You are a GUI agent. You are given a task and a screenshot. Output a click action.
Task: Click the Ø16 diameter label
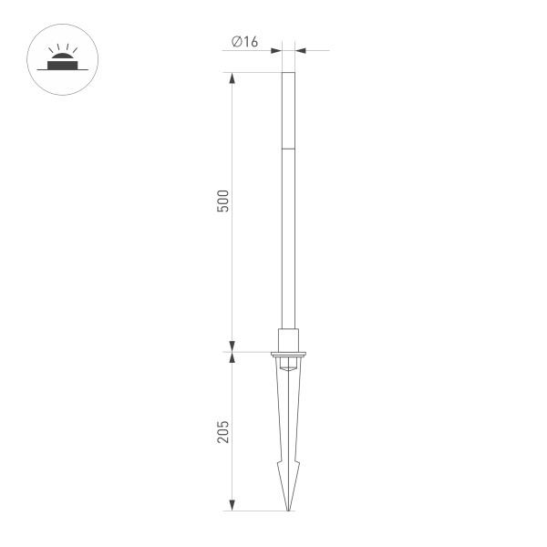(245, 41)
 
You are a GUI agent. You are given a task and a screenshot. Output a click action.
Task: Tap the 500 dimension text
(222, 201)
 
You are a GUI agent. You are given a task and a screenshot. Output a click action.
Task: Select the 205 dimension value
(222, 431)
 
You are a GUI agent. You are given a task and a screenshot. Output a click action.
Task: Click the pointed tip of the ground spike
(289, 509)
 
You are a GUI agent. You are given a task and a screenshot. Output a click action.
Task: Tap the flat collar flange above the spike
(289, 353)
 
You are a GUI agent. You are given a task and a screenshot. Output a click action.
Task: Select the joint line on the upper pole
(289, 148)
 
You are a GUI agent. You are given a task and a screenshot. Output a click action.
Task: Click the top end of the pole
(289, 74)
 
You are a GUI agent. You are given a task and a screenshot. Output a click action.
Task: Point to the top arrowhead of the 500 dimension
(232, 79)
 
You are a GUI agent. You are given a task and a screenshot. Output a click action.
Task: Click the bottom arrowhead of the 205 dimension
(232, 504)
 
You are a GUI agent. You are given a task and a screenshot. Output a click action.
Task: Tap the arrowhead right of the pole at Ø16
(300, 50)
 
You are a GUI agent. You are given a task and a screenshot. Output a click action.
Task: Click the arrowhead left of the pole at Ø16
(277, 50)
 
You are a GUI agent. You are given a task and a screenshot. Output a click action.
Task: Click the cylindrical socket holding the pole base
(289, 338)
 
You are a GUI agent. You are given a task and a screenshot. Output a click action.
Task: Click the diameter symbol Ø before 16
(236, 41)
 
